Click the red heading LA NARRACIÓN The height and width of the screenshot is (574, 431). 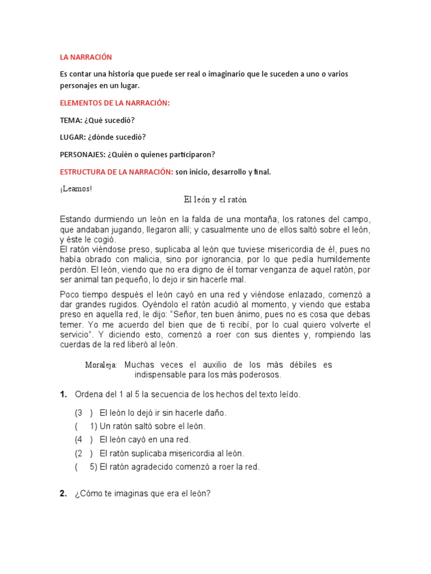pyautogui.click(x=86, y=57)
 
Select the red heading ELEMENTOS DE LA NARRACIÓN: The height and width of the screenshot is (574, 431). pyautogui.click(x=114, y=103)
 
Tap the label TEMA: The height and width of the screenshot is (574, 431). pyautogui.click(x=71, y=121)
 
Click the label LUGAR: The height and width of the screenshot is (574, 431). pyautogui.click(x=73, y=137)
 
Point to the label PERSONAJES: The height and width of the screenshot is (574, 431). pyautogui.click(x=82, y=155)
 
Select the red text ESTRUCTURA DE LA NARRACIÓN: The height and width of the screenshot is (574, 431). pyautogui.click(x=116, y=172)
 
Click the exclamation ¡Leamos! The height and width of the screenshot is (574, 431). pyautogui.click(x=76, y=189)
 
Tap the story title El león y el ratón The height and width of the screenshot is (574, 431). pyautogui.click(x=215, y=200)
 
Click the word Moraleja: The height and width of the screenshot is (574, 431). pyautogui.click(x=101, y=365)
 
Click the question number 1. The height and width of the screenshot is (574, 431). pyautogui.click(x=63, y=395)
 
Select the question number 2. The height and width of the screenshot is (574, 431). pyautogui.click(x=63, y=494)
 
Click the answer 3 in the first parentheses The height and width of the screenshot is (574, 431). pyautogui.click(x=79, y=413)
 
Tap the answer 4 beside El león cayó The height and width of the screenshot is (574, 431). pyautogui.click(x=79, y=440)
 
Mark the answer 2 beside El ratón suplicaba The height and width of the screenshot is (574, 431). pyautogui.click(x=79, y=453)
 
